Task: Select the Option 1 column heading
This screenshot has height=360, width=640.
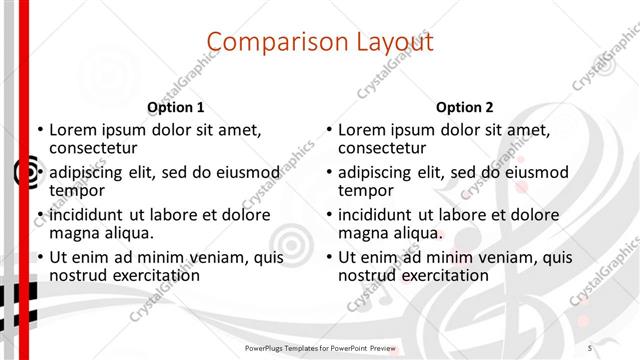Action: click(176, 107)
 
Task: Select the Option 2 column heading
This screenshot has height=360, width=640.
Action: click(465, 107)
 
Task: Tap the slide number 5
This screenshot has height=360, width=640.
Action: click(590, 347)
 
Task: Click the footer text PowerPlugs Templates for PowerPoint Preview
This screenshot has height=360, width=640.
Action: click(320, 347)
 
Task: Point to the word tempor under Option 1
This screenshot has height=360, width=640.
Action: click(78, 191)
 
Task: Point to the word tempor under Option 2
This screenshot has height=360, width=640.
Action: click(367, 191)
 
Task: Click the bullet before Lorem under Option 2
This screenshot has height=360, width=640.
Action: click(328, 130)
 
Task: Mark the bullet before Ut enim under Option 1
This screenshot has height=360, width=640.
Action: click(39, 257)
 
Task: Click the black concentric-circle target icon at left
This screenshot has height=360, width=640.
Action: click(27, 173)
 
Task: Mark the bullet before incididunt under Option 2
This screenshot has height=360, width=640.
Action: click(328, 215)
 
